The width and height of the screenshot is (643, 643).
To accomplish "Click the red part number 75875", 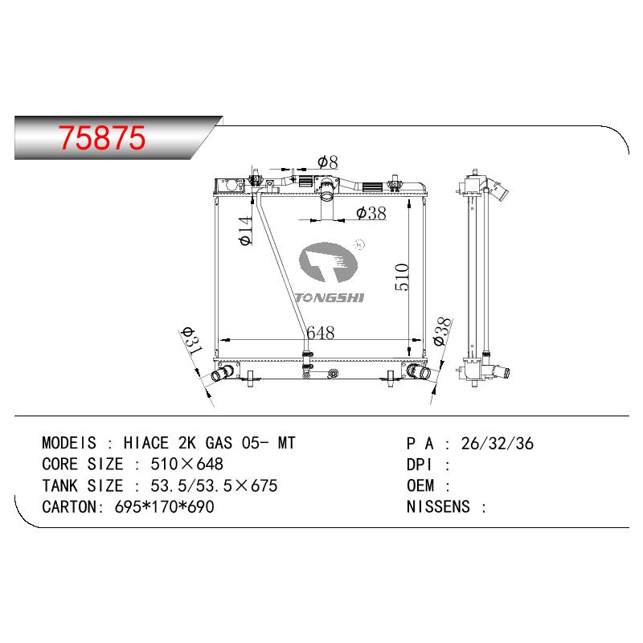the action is coord(102,137).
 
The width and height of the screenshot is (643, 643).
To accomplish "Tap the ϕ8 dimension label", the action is coord(328,162).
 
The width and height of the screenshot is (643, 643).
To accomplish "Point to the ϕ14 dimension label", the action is coord(245,231).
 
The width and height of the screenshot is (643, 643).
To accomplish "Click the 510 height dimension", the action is coord(402,277).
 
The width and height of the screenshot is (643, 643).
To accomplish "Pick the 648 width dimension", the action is coord(320,333).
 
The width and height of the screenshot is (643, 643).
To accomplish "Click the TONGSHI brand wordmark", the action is coord(330,297).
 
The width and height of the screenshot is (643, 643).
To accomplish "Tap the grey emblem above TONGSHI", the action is coord(328,263).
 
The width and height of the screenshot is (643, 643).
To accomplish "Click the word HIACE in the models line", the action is coord(146,443).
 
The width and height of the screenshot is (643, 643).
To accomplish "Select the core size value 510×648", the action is coord(187,465).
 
